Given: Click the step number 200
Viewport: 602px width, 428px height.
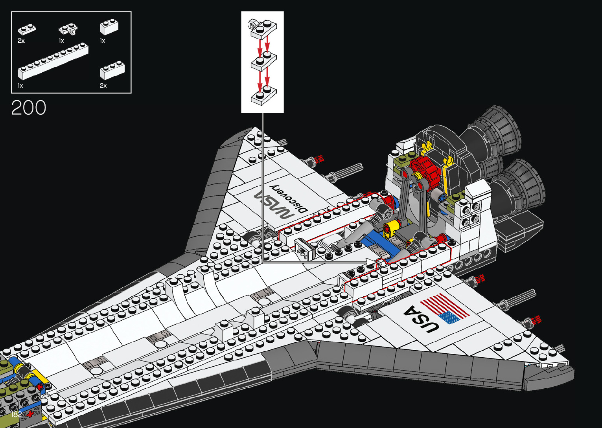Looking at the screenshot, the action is tap(29, 108).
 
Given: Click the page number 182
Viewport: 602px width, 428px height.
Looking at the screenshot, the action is tap(16, 414).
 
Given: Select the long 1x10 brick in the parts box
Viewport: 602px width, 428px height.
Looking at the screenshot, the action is tap(53, 61).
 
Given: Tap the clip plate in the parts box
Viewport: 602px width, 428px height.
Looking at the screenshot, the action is tap(68, 29).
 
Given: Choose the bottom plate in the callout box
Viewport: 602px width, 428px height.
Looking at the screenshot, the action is tap(263, 96).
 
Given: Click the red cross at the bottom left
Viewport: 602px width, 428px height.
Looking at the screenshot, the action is tap(30, 414).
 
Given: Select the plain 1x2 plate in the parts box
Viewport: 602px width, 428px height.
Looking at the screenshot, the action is tap(27, 29).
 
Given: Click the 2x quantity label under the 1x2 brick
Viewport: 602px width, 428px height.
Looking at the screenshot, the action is tap(103, 85).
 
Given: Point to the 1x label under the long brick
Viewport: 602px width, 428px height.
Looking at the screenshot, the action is tap(20, 85).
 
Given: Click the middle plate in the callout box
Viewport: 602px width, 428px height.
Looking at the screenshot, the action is tap(263, 62).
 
